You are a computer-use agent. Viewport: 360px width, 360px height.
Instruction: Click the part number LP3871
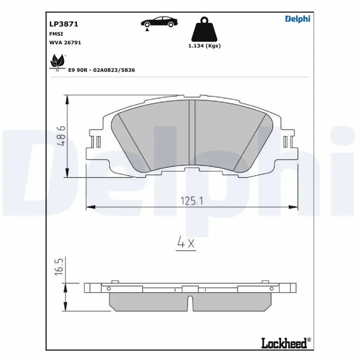click(60, 23)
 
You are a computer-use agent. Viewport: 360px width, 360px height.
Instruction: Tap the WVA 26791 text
click(65, 43)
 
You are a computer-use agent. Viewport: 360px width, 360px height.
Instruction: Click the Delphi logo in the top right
click(297, 19)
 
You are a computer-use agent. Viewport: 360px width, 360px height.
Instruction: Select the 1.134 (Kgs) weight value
click(204, 45)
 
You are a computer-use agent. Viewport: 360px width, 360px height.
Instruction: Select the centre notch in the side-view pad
click(190, 302)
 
